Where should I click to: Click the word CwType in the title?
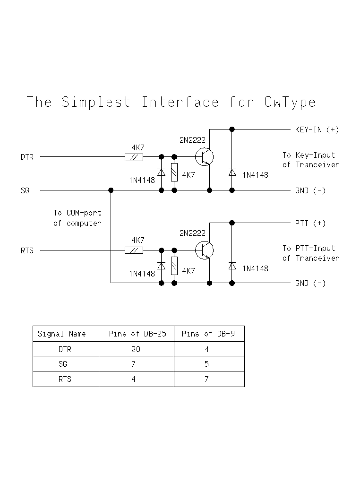coord(290,102)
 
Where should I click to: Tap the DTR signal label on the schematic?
coord(27,157)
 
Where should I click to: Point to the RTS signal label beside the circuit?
coord(27,251)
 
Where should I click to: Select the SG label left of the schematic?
coord(25,190)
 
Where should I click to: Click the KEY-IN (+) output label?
coord(317,129)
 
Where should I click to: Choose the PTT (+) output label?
coord(310,223)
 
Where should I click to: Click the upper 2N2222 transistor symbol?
coord(204,157)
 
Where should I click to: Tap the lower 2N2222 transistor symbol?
coord(204,250)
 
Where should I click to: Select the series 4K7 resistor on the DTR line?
coord(134,157)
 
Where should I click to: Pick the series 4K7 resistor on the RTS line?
coord(134,250)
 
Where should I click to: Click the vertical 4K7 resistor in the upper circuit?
coord(174,172)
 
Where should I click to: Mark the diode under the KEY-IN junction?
coord(232,172)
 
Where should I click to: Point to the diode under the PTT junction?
coord(232,266)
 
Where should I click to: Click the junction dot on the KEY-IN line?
coord(232,129)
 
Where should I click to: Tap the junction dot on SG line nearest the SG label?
coord(111,190)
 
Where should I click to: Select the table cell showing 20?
coord(136,349)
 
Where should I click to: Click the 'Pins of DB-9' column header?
coord(209,334)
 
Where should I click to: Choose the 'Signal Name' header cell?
coord(66,334)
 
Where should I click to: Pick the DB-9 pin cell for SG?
coord(209,364)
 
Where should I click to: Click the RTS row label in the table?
coord(65,379)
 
